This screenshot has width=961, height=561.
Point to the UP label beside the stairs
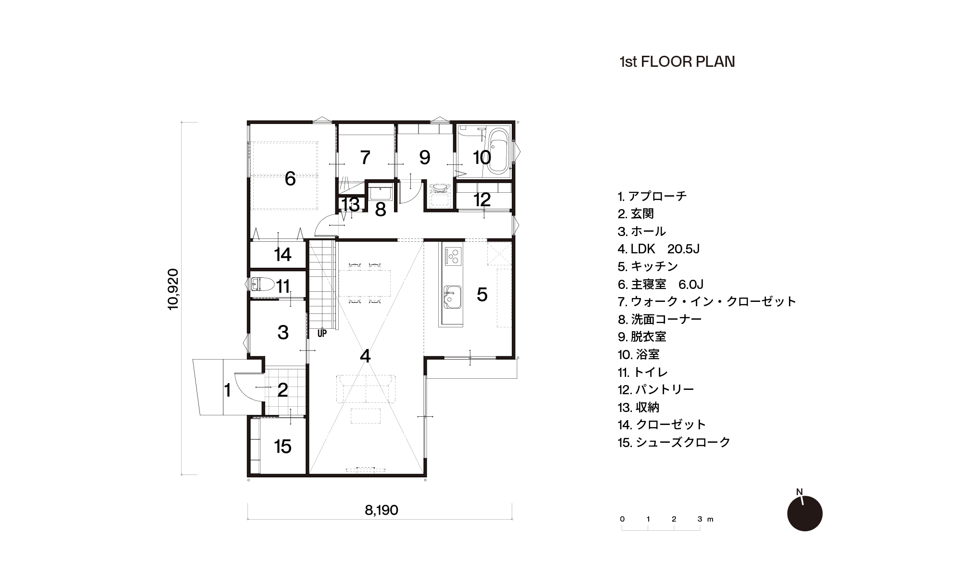click(x=322, y=333)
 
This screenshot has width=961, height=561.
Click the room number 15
click(x=283, y=447)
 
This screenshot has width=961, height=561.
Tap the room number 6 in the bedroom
click(x=290, y=179)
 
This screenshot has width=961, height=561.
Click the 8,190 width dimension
click(x=381, y=510)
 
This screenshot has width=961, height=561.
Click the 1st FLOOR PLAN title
click(x=677, y=62)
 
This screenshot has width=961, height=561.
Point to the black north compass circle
click(x=805, y=513)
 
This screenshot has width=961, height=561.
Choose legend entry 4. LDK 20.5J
click(x=658, y=249)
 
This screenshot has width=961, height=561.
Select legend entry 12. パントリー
click(x=656, y=389)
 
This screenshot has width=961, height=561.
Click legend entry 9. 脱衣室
click(x=642, y=337)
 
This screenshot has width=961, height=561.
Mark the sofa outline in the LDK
click(x=366, y=388)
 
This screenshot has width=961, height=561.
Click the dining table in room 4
click(x=365, y=283)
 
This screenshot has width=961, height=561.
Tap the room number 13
click(x=350, y=205)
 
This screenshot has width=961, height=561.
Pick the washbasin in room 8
click(x=381, y=193)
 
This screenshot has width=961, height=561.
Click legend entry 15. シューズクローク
click(x=674, y=442)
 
